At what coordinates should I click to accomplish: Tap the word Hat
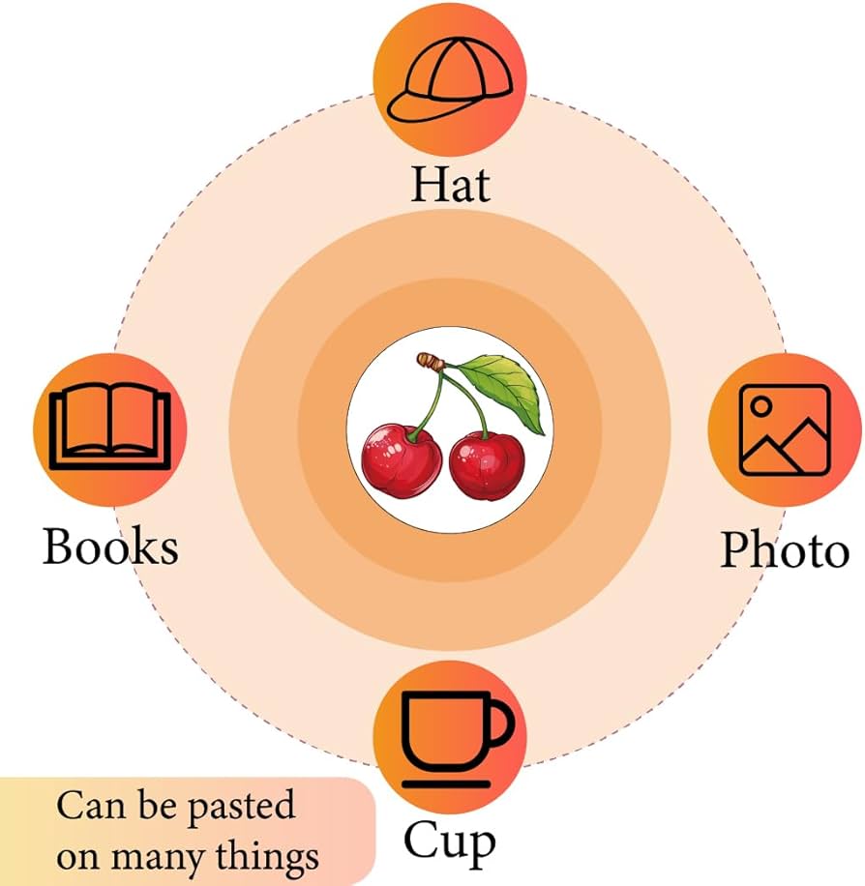(451, 184)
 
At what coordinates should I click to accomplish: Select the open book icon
(110, 428)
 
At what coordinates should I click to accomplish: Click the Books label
(111, 546)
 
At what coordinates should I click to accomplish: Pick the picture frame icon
(786, 429)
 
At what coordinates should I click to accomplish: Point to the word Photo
(785, 549)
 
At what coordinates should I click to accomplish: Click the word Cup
(450, 842)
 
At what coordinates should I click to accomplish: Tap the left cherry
(402, 461)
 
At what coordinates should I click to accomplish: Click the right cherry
(487, 465)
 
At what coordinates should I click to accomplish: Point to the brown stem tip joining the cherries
(431, 361)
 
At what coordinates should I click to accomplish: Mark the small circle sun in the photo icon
(761, 405)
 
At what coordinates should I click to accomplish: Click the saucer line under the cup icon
(446, 783)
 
